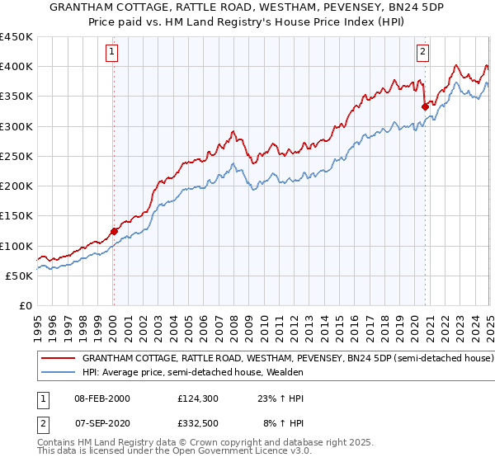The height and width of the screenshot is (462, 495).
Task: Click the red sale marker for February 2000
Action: (x=114, y=232)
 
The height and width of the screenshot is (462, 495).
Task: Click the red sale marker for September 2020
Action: (x=425, y=106)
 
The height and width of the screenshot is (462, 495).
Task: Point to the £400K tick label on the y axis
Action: (x=16, y=67)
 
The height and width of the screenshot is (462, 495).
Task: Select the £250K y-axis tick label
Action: (x=16, y=156)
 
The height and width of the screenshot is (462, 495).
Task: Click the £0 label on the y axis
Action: (x=25, y=305)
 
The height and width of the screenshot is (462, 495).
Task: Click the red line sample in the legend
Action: (x=58, y=359)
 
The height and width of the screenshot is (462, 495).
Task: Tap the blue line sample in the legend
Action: (x=58, y=372)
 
